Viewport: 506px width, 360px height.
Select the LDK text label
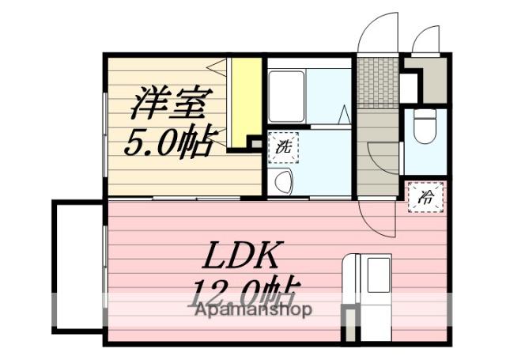coord(242,256)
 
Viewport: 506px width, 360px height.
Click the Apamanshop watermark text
coord(253,309)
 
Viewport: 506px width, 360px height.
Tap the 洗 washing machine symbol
coord(282,147)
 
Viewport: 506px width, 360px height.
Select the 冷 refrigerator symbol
coord(426,197)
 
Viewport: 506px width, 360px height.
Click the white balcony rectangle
coord(77,266)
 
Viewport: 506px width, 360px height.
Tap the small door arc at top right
coord(427,40)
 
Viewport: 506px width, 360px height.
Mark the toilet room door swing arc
coord(383,154)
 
